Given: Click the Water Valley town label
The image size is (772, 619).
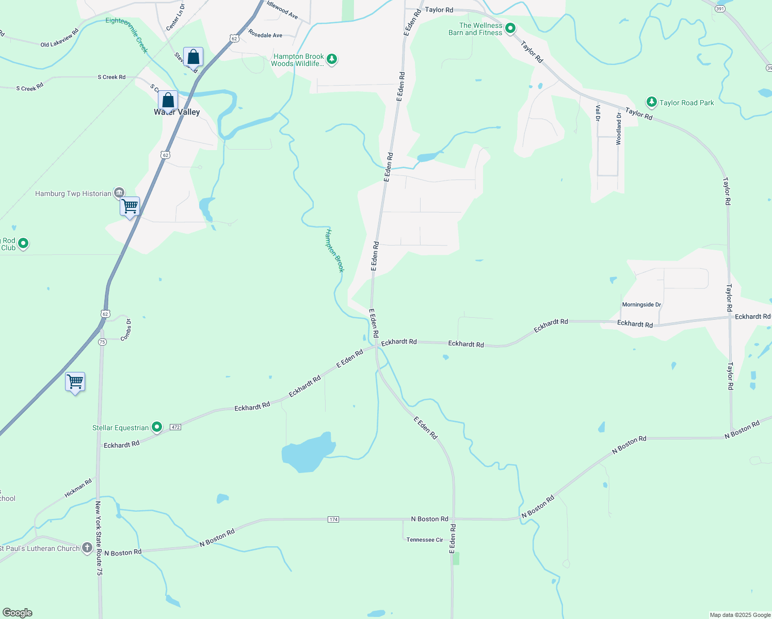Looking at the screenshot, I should [176, 112].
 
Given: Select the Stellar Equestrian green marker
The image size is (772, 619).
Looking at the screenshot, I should [157, 427].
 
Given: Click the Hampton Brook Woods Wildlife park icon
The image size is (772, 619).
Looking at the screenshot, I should [332, 59].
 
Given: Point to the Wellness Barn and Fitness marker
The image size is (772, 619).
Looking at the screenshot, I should [510, 28].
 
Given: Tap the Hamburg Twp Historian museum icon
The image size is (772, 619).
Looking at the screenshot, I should [119, 193].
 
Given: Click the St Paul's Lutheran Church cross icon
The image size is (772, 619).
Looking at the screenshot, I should [87, 547].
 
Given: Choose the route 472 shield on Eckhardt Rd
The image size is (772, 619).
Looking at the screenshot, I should [175, 427].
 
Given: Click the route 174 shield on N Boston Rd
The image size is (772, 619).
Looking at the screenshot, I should [333, 519].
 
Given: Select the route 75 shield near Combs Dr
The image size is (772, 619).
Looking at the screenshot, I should [102, 341].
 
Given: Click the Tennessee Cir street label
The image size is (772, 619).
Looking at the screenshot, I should [425, 540].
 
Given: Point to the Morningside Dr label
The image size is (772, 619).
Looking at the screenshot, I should [641, 305].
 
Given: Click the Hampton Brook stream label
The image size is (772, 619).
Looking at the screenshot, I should [334, 251].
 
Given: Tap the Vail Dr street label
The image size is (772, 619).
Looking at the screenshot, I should [598, 112].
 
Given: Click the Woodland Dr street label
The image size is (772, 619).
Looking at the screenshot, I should [619, 128].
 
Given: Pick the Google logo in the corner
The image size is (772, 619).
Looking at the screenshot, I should [17, 613].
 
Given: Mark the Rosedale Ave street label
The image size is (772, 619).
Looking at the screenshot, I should [265, 35].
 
